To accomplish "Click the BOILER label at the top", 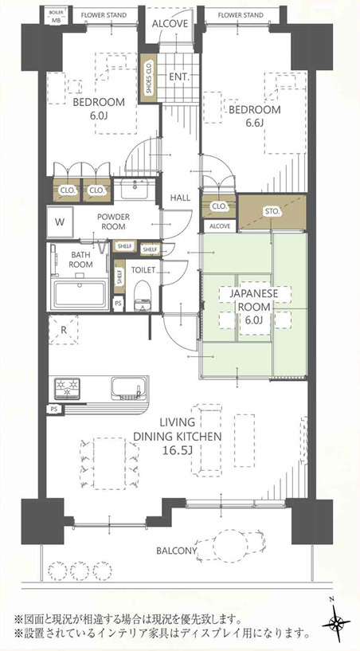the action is coord(56,13).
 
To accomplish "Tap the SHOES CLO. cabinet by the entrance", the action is coord(149,78).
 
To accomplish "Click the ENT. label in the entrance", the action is coord(179,76).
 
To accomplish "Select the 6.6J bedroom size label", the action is coord(255,124).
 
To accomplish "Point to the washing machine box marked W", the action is coord(61,222).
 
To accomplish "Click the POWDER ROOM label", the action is coord(113,222).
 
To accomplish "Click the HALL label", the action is coord(180,198).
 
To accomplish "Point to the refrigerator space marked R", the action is coord(64,330).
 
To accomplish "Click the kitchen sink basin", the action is coord(129,388).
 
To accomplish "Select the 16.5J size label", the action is coord(178,450).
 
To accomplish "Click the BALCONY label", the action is coord(177,551).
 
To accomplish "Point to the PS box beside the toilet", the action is coord(119,304).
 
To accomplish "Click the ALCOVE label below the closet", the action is coord(220,226).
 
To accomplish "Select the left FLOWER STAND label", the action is coord(104,15).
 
